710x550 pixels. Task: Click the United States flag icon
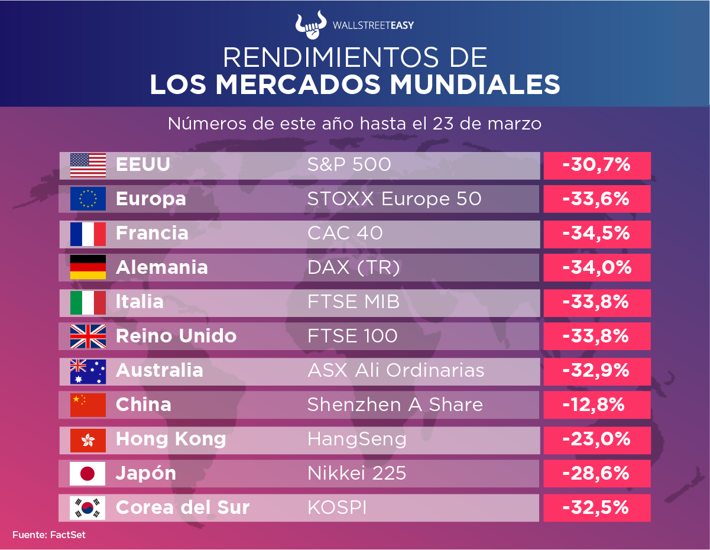click(x=88, y=165)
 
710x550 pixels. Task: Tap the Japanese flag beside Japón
click(x=87, y=474)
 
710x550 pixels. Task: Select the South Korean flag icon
click(x=87, y=507)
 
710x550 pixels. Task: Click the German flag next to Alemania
click(x=88, y=267)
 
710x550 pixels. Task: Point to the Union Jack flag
click(x=88, y=337)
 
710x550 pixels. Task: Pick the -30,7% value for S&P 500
click(x=596, y=165)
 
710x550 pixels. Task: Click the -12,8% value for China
click(x=593, y=405)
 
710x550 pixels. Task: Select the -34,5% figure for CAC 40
click(x=596, y=233)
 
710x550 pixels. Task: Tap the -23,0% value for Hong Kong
click(x=596, y=439)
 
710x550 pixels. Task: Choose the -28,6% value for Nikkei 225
click(x=596, y=473)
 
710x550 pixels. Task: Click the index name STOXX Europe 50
click(x=394, y=199)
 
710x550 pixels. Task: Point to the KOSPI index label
click(x=336, y=507)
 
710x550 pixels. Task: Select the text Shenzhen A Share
click(x=395, y=405)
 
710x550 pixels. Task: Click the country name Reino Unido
click(x=176, y=337)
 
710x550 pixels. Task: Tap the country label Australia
click(x=160, y=371)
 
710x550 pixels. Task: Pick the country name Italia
click(x=140, y=302)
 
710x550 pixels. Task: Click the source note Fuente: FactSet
click(x=49, y=535)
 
